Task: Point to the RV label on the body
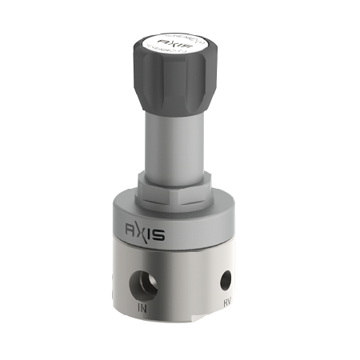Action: point(227,303)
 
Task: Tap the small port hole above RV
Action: point(226,281)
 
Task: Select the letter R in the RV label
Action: point(225,303)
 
